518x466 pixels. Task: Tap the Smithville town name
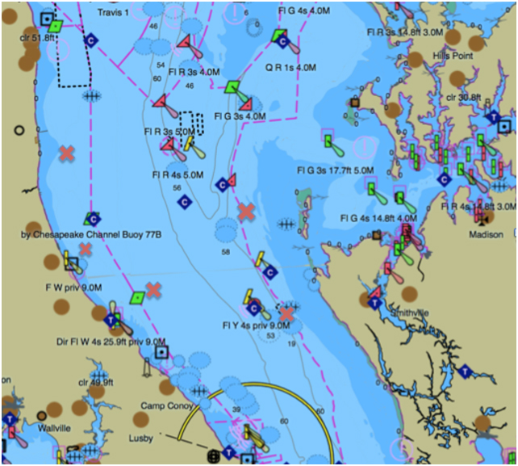[409, 313]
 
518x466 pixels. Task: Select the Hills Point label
[452, 56]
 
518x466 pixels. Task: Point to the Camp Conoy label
[167, 405]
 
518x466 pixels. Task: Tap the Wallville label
[55, 427]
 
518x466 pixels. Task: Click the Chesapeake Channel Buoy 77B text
[91, 235]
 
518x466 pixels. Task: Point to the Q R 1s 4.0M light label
[290, 68]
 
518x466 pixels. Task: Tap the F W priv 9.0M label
[73, 287]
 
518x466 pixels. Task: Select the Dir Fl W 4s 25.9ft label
[110, 342]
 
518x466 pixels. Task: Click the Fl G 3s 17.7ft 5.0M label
[335, 170]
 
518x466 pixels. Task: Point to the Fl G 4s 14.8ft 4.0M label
[378, 218]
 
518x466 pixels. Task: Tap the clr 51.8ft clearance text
[39, 37]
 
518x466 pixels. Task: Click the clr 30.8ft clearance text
[463, 98]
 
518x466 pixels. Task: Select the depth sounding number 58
[225, 253]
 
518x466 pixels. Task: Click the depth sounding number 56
[177, 187]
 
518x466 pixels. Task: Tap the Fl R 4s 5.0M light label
[177, 174]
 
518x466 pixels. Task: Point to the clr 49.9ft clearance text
[96, 382]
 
